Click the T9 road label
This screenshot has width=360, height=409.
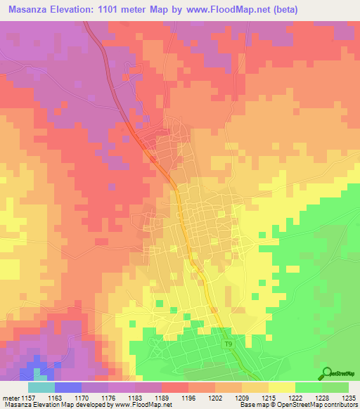(x=228, y=344)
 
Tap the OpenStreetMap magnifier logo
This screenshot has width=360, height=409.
(x=326, y=374)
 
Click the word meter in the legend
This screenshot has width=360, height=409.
(x=9, y=399)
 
